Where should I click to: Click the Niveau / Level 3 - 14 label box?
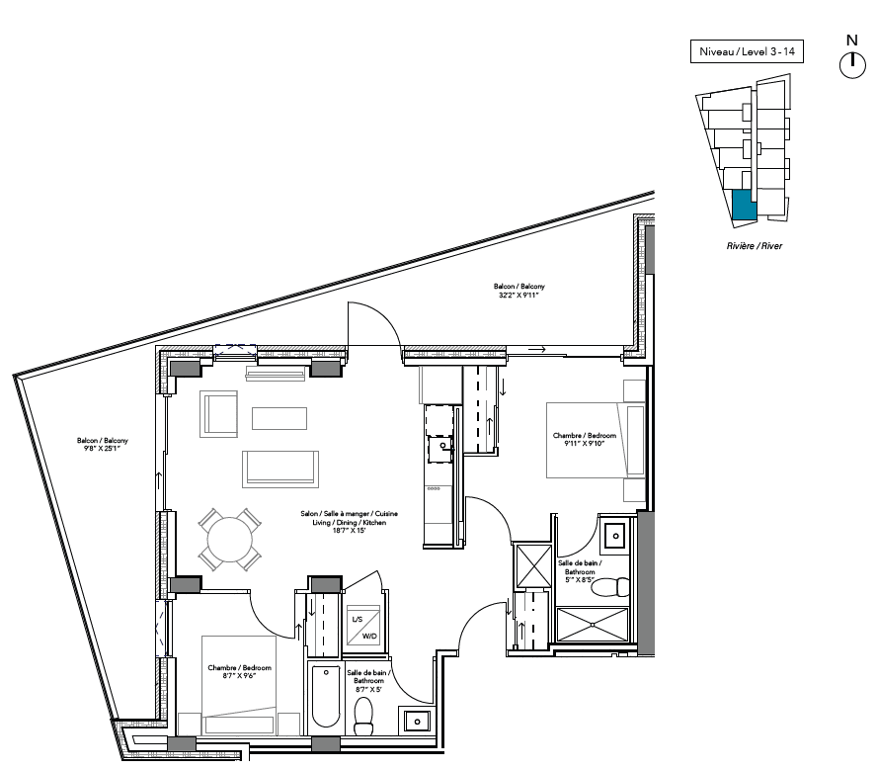click(x=747, y=51)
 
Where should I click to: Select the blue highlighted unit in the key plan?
click(x=745, y=205)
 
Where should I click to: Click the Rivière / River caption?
click(x=754, y=246)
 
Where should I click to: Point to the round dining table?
click(x=229, y=540)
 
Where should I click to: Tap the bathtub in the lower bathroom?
click(x=325, y=696)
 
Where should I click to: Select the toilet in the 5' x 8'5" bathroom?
click(x=610, y=587)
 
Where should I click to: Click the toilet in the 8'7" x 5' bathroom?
click(x=364, y=716)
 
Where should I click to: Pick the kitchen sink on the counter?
click(x=440, y=450)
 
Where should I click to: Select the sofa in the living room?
click(x=280, y=469)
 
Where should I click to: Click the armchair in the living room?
click(x=218, y=414)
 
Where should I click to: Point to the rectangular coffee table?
click(x=279, y=418)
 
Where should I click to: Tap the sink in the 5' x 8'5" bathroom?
click(x=616, y=536)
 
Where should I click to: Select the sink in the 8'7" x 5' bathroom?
click(x=417, y=721)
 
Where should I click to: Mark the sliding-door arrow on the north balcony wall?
click(x=537, y=350)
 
